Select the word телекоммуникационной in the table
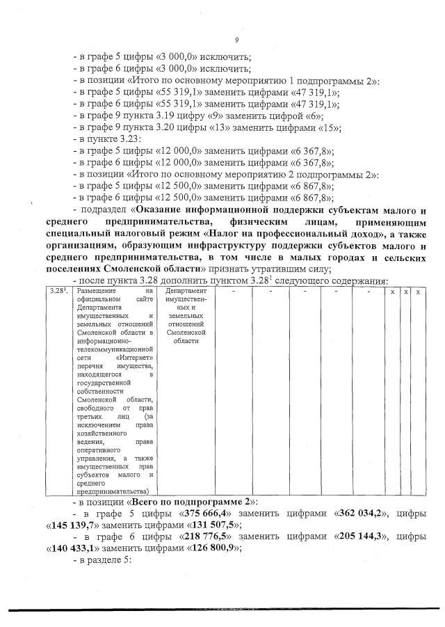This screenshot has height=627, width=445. pyautogui.click(x=114, y=349)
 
